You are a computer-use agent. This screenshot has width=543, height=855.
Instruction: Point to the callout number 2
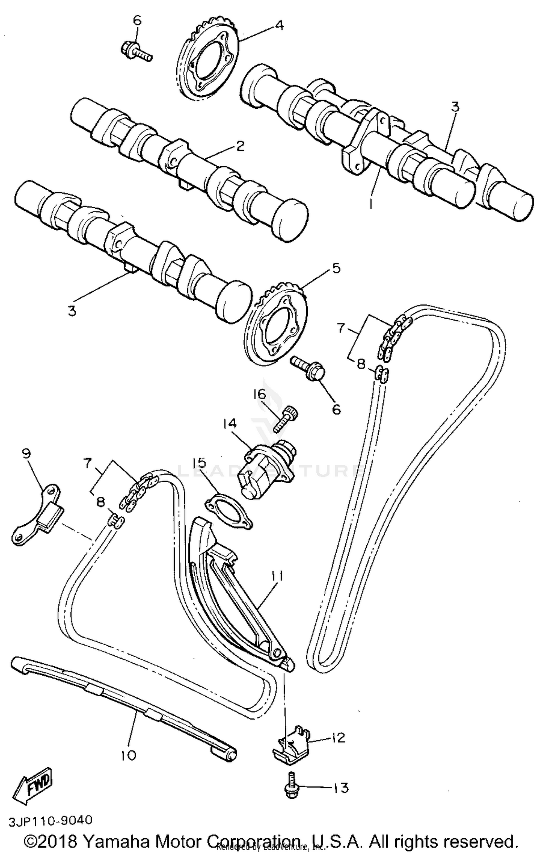point(240,146)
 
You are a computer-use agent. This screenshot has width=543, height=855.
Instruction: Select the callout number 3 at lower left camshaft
point(72,311)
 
